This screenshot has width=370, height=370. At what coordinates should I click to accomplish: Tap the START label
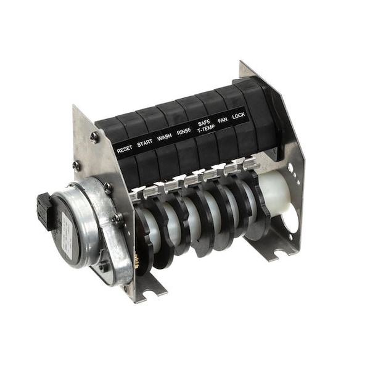click(x=145, y=143)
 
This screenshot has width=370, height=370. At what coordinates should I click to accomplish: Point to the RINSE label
click(x=184, y=131)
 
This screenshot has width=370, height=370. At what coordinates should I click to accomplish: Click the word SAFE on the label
click(x=204, y=122)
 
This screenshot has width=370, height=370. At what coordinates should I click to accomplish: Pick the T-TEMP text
click(x=205, y=128)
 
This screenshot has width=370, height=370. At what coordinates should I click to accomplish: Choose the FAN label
click(x=223, y=121)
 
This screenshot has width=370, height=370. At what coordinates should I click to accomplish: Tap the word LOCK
click(x=239, y=116)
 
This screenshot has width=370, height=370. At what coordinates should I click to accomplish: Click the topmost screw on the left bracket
click(x=94, y=137)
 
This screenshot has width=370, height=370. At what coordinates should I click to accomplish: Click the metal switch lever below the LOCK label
click(x=248, y=164)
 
